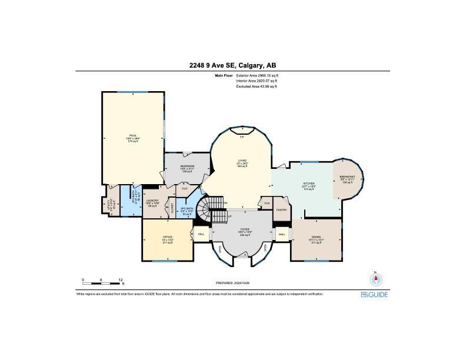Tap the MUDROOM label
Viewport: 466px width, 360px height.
187,166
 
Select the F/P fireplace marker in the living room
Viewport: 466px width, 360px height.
241,136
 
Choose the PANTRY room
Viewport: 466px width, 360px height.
281,209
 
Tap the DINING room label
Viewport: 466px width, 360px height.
316,236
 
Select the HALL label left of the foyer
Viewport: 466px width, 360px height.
201,234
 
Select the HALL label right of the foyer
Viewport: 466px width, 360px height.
282,234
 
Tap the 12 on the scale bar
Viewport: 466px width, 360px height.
121,280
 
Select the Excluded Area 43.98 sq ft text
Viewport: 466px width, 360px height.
257,86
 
